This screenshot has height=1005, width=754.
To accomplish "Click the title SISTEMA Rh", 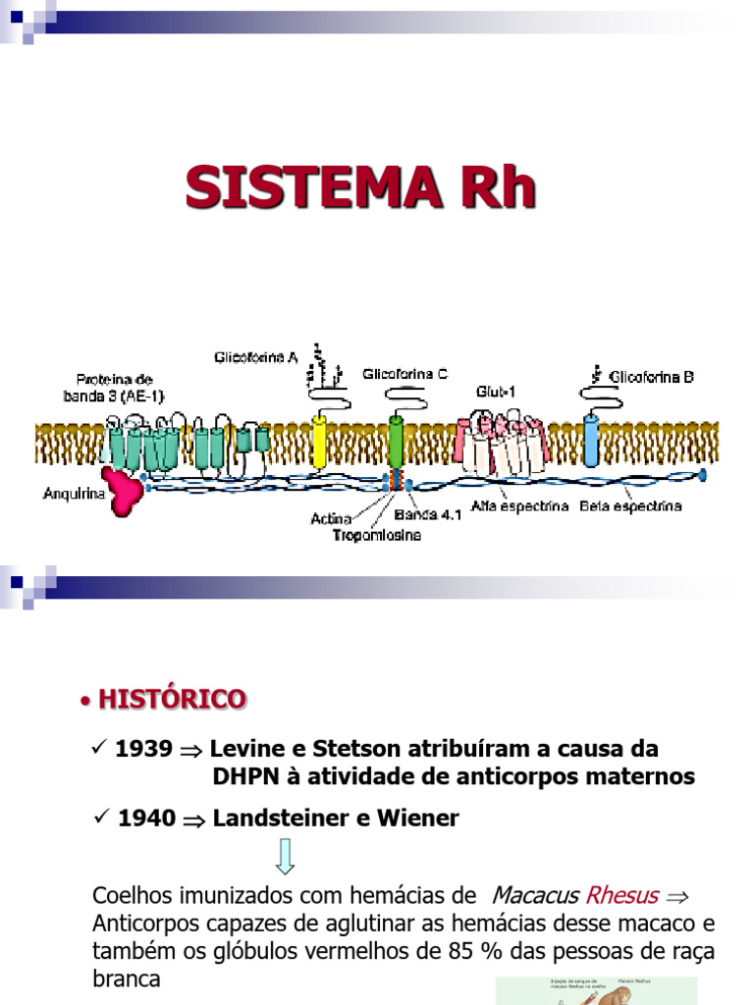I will click(361, 187).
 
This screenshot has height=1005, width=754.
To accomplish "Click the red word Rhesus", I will click(621, 895).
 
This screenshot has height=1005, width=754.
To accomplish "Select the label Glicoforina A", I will click(256, 357).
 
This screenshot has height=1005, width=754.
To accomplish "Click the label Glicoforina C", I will click(404, 374).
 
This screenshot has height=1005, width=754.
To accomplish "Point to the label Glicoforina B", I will click(651, 376).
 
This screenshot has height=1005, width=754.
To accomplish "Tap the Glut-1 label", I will click(495, 392).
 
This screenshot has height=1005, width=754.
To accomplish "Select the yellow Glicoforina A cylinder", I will click(319, 442).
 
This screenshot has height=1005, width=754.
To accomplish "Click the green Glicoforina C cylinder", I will click(396, 442).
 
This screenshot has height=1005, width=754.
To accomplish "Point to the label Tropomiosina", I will click(375, 535).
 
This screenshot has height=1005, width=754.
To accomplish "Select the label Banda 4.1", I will click(422, 513).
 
